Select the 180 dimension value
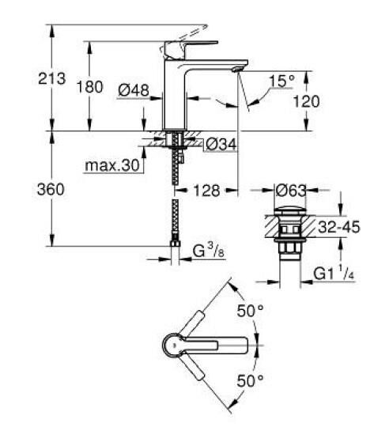coord(92,87)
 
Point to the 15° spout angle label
coord(281,81)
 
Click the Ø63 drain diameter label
coord(289,191)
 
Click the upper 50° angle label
coord(250,311)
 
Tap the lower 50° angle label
coord(250,382)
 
